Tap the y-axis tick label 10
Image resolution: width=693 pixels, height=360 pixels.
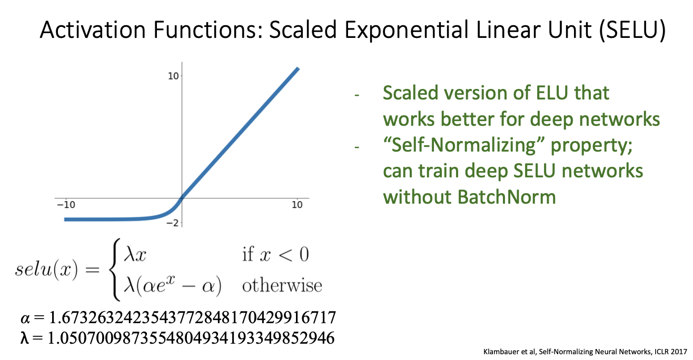(173, 76)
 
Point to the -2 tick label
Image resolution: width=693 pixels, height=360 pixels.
(173, 223)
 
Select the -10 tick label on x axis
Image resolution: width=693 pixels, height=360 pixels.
(66, 205)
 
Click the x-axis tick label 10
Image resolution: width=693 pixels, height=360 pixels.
(297, 205)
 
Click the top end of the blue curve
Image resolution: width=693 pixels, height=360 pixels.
(298, 68)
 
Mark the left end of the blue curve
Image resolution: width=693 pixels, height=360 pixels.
(64, 219)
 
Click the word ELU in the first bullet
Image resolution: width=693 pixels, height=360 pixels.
(552, 93)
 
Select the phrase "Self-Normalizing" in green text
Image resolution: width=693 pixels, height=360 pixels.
(464, 145)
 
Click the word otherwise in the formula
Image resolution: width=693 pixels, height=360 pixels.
(282, 285)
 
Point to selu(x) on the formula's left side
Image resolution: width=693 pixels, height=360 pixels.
(46, 270)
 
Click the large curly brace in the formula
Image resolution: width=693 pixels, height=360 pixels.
(114, 269)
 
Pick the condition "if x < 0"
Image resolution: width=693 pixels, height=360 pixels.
(275, 255)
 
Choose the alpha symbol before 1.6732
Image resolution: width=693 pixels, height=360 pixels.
(25, 318)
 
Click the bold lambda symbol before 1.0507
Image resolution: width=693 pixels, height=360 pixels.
(24, 337)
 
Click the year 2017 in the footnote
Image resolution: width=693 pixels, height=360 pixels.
(679, 352)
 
